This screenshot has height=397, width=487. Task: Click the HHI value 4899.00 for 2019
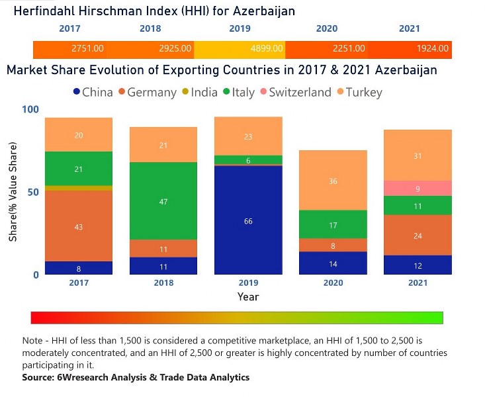[x=268, y=49]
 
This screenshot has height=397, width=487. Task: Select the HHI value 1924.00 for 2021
[x=433, y=49]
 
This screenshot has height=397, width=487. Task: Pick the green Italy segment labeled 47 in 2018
[x=163, y=200]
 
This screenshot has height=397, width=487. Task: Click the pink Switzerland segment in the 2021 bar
[x=418, y=188]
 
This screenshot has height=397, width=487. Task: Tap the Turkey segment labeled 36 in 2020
[x=333, y=180]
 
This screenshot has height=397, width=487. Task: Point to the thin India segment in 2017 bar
[x=79, y=188]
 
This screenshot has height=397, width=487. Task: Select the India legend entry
[x=198, y=93]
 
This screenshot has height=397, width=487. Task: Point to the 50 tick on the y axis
[x=31, y=192]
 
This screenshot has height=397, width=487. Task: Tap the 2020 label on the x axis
[x=333, y=283]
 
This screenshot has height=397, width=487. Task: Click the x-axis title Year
[x=248, y=297]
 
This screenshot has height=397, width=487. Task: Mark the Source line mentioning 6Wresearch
[x=136, y=377]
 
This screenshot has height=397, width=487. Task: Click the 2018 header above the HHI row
[x=150, y=29]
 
